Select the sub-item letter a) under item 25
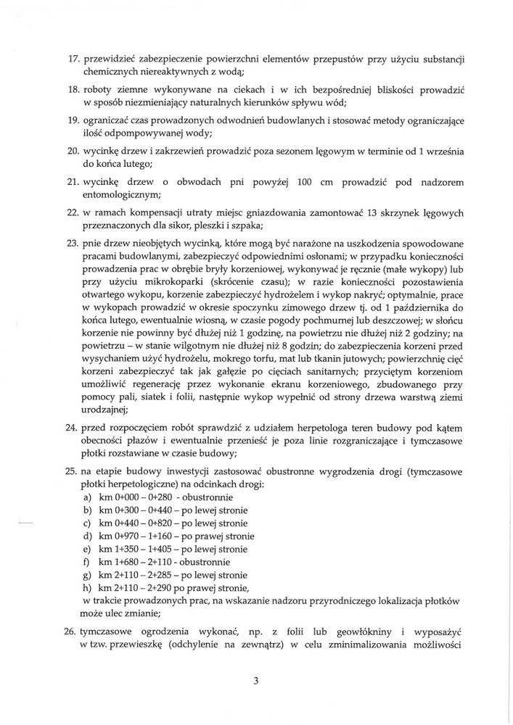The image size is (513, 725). [x=88, y=499]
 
